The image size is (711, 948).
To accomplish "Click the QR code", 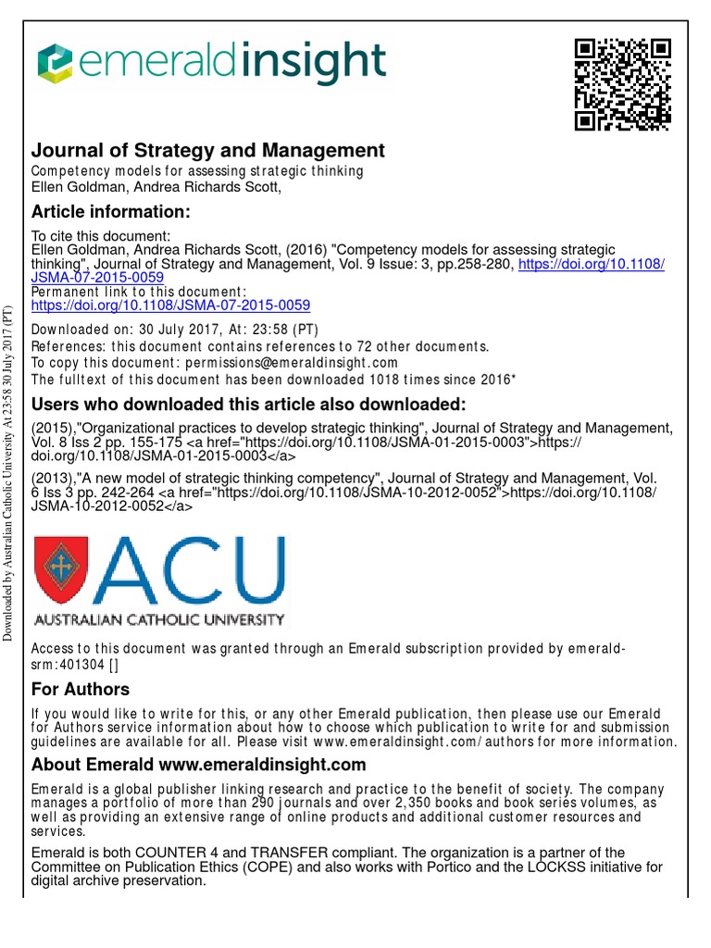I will [622, 85].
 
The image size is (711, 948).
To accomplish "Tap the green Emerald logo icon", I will [56, 64].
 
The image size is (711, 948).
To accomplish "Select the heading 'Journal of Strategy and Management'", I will [208, 150].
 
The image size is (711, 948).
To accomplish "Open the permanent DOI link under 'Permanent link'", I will [170, 305].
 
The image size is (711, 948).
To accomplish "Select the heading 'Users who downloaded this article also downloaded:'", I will [249, 405].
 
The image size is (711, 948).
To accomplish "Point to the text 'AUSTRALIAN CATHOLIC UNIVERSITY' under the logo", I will [159, 618].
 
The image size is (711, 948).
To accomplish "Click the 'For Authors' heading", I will [81, 690].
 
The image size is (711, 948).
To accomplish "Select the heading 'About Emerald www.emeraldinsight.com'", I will [199, 765].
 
